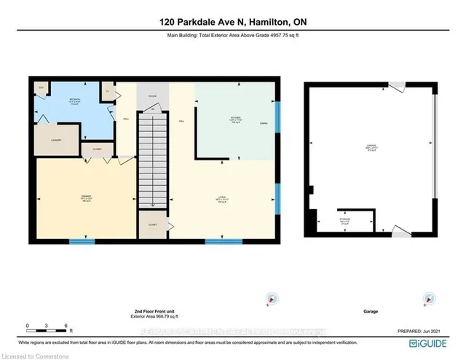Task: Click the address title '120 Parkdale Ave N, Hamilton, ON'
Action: [x=232, y=22]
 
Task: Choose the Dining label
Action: [x=263, y=124]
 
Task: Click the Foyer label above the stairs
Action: [x=152, y=95]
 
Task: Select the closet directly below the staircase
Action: [x=152, y=224]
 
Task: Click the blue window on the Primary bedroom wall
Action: [x=88, y=240]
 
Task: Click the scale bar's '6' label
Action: [x=66, y=326]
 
